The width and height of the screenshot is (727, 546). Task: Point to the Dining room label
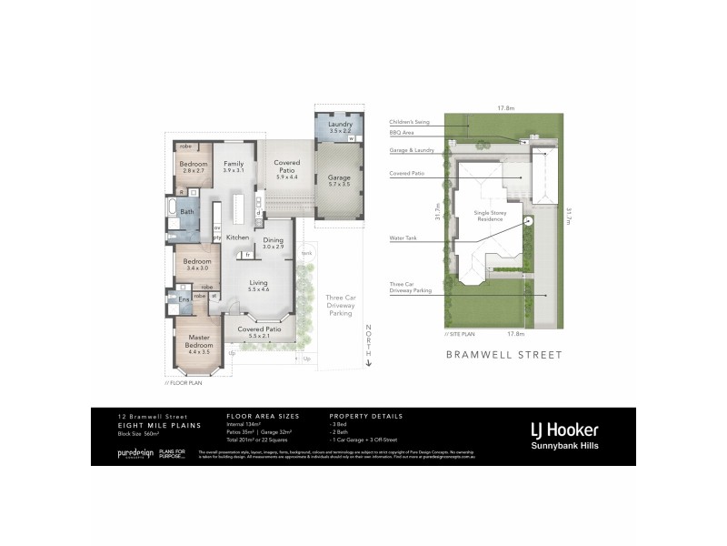tap(274, 240)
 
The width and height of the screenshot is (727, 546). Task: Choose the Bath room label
tap(186, 212)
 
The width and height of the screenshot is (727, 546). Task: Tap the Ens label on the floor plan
tap(184, 298)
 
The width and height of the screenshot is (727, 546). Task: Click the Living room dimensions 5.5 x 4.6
tap(259, 288)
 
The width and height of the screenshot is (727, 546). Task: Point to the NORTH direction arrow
tap(369, 346)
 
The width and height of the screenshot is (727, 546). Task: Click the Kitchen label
tap(238, 238)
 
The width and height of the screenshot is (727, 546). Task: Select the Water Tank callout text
tap(403, 240)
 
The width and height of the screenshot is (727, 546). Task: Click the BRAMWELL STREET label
tap(503, 355)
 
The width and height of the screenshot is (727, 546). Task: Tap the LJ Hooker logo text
tap(563, 430)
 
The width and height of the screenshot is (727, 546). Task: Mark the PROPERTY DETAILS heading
tap(365, 416)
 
